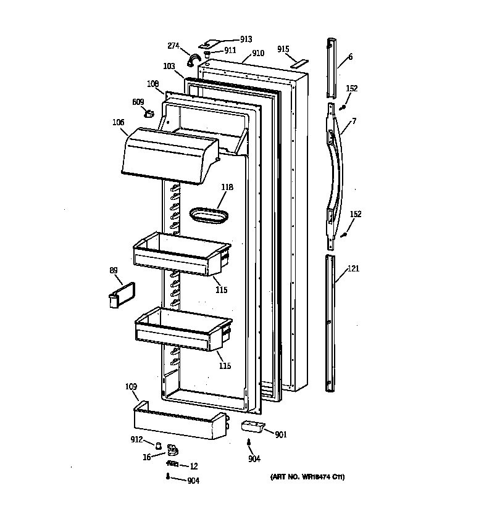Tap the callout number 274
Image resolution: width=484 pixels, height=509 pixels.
pos(174,46)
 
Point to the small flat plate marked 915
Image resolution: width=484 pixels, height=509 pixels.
pos(301,62)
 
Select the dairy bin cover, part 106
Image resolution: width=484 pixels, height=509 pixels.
pos(168,157)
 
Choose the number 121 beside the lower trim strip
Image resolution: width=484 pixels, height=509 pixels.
pos(353,268)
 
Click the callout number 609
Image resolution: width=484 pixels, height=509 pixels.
pos(138,102)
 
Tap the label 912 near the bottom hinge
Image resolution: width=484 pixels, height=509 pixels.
pos(137,440)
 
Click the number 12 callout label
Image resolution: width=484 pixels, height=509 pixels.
pos(193,466)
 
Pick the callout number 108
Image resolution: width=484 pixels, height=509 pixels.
pos(152,84)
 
